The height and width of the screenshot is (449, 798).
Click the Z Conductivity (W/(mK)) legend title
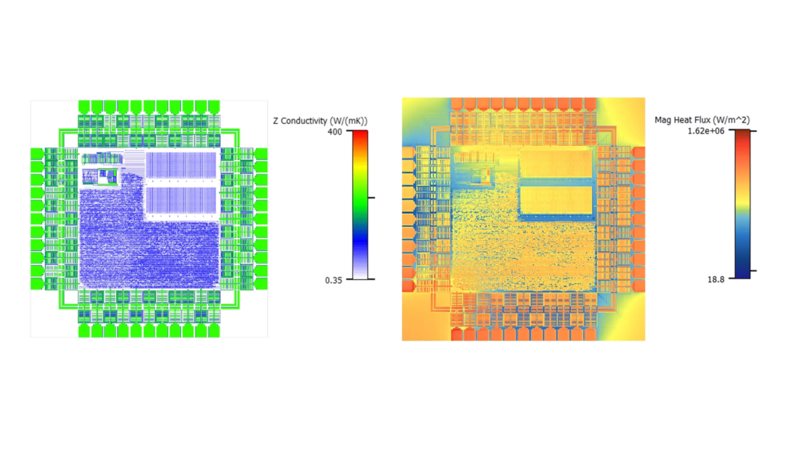pos(320,121)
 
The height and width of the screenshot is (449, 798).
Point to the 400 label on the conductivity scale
pos(333,131)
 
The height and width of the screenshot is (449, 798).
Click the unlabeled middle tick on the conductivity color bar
pos(370,198)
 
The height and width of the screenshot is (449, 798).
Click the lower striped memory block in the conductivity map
pos(180,200)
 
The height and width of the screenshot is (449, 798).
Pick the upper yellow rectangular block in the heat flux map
pos(555,164)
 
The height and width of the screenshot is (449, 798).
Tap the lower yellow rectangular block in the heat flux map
pos(555,200)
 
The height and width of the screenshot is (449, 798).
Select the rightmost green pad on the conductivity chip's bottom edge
pos(211,331)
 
